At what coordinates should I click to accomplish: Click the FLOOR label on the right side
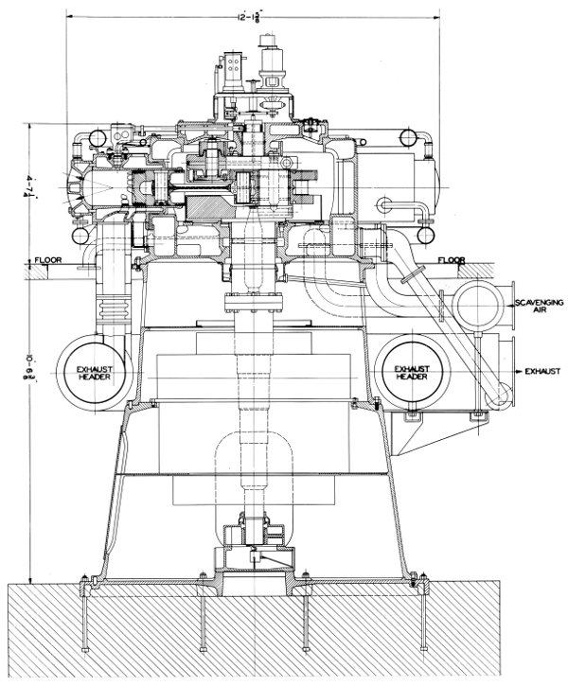[x=452, y=259]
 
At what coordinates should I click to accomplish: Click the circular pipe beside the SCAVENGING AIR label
[x=479, y=307]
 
